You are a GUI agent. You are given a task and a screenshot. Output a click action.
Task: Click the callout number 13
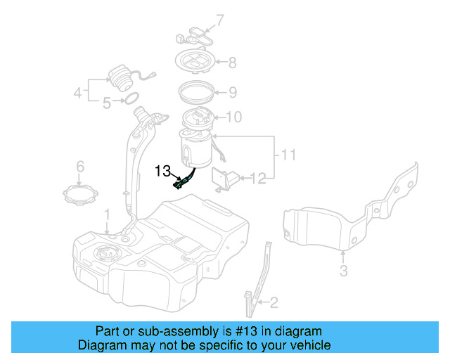click(162, 170)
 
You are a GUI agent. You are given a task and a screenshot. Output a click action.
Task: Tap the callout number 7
click(219, 20)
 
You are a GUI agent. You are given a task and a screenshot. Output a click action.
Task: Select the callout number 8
click(233, 62)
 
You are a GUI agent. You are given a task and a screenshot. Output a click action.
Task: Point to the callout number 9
click(233, 91)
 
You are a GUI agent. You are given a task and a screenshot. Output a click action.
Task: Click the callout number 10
click(233, 117)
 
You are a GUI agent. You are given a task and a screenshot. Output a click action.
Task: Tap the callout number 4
click(78, 91)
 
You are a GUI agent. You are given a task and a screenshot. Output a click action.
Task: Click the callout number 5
click(107, 103)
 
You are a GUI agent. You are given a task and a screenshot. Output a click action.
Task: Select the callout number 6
click(80, 167)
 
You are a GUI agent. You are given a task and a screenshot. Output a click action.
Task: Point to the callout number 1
click(108, 214)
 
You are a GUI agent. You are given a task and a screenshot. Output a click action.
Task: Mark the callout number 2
click(274, 303)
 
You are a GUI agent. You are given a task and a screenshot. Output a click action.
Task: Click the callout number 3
click(343, 271)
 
